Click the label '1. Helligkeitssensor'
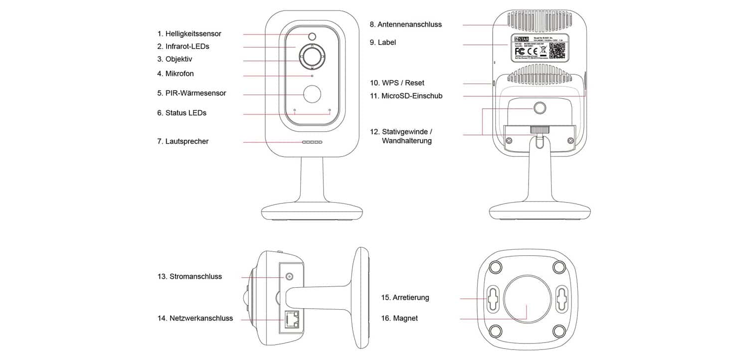[189, 34]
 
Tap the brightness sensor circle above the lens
[312, 36]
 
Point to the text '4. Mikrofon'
[175, 74]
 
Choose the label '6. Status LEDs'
[182, 113]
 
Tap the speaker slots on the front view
[312, 142]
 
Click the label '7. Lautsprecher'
[183, 142]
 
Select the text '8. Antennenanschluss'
[405, 24]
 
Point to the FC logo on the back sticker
[520, 51]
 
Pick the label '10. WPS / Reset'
[397, 83]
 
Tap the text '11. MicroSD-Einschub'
[406, 96]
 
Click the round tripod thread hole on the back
[540, 107]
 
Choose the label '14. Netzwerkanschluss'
[195, 318]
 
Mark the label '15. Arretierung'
[405, 298]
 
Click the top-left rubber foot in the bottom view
[495, 267]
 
